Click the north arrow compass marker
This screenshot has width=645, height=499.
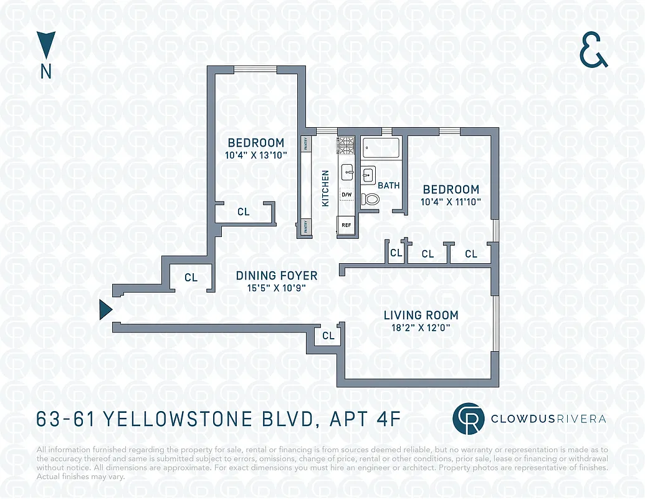tap(46, 46)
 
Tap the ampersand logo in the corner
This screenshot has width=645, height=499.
tap(593, 51)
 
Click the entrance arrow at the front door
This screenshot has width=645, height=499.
tap(105, 309)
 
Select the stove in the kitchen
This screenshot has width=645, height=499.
tap(345, 145)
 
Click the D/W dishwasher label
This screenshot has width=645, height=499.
tap(346, 195)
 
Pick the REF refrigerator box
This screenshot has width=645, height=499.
tap(346, 225)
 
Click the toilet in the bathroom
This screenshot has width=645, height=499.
tap(371, 199)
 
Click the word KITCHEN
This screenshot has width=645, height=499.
tap(325, 188)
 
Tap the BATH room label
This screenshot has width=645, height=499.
tap(389, 185)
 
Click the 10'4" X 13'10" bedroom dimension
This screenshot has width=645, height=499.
tap(256, 155)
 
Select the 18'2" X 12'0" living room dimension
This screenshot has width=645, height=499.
tap(421, 327)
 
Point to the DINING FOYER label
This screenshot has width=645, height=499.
tap(276, 276)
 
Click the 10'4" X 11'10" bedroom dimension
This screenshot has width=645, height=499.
tap(451, 201)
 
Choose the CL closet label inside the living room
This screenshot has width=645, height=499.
tap(328, 336)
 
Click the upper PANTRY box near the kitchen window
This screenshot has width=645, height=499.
tap(306, 143)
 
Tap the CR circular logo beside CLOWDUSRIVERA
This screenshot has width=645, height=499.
tap(467, 419)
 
